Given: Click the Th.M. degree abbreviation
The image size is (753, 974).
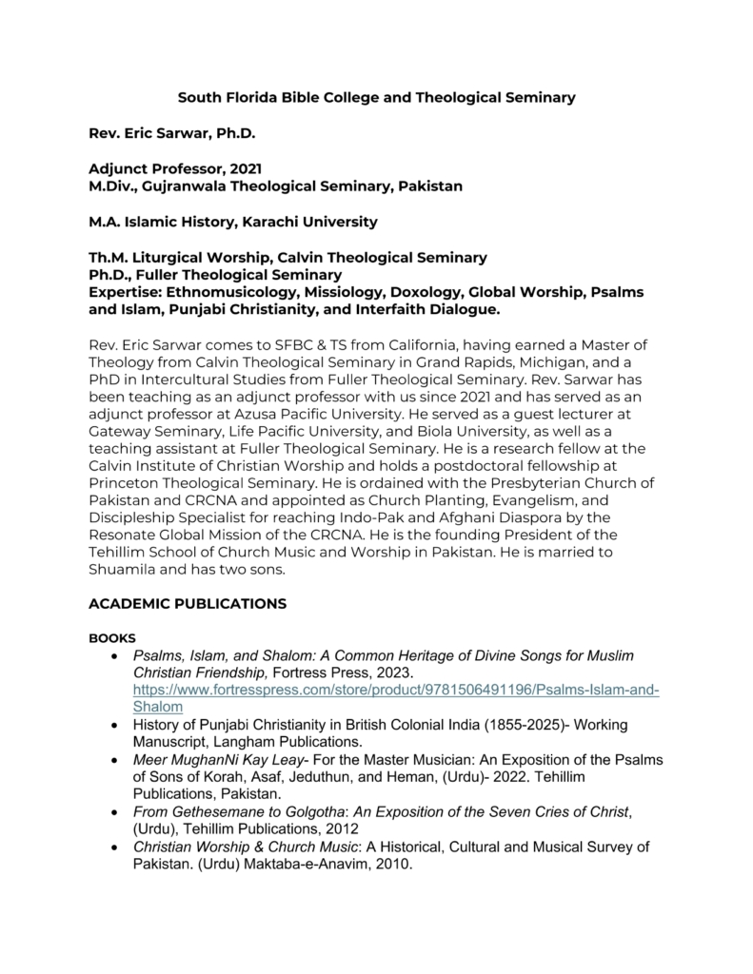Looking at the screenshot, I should (x=108, y=257).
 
